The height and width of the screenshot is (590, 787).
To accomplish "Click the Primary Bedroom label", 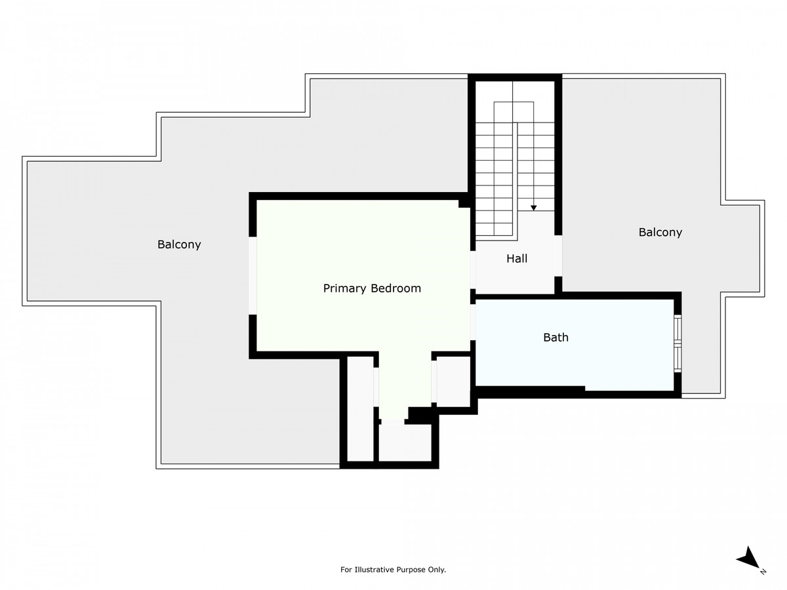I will pyautogui.click(x=372, y=288).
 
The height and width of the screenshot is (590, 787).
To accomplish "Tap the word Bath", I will pyautogui.click(x=555, y=338).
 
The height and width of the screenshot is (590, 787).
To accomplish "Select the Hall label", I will pyautogui.click(x=517, y=259).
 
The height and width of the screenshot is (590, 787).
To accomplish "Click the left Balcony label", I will pyautogui.click(x=179, y=245).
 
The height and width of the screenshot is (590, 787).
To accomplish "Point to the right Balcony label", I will pyautogui.click(x=660, y=232).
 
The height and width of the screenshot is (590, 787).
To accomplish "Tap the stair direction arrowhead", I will pyautogui.click(x=534, y=208).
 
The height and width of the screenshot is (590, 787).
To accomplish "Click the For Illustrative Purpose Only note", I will pyautogui.click(x=393, y=570).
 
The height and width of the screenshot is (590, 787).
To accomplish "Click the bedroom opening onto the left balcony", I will pyautogui.click(x=252, y=275).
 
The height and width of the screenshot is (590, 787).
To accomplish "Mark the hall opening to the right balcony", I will pyautogui.click(x=558, y=256).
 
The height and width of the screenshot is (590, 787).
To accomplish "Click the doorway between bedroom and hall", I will pyautogui.click(x=473, y=269).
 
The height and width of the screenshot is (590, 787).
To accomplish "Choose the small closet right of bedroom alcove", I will pyautogui.click(x=453, y=380).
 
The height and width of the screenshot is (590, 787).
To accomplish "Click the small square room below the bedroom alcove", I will pyautogui.click(x=405, y=442).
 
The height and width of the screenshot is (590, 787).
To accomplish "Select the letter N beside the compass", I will pyautogui.click(x=763, y=572).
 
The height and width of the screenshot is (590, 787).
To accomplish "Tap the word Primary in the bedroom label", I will pyautogui.click(x=345, y=288).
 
